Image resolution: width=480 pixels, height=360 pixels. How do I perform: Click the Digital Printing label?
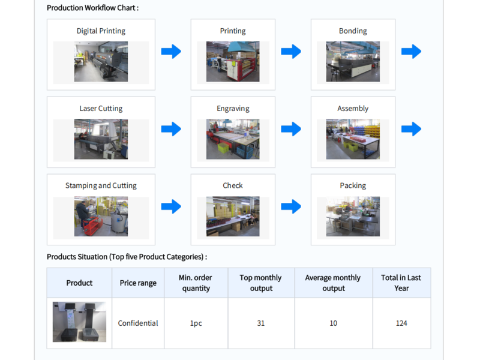pos(101,31)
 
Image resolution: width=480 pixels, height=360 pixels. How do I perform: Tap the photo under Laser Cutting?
pos(101,139)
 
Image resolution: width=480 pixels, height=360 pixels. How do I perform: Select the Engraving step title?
pos(233,109)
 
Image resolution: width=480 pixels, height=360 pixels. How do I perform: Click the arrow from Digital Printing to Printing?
pos(171,52)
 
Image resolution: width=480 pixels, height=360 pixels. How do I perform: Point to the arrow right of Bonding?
pos(411,52)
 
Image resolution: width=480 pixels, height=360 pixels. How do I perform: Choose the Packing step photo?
pos(353,217)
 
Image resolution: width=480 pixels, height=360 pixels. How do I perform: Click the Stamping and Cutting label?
pos(101,185)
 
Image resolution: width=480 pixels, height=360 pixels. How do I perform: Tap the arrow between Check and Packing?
pos(291,206)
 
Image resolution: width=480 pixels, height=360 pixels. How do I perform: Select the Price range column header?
pos(138,283)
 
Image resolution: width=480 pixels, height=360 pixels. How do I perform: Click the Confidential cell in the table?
pos(138,323)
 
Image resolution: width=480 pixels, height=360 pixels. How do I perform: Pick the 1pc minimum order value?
pos(196,323)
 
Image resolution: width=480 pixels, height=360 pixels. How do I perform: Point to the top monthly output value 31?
pos(261,323)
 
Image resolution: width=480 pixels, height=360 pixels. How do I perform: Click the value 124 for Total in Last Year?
pos(401,323)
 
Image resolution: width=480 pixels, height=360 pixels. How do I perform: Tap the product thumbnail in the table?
pos(79,322)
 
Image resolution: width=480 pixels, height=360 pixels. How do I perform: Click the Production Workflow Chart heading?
pos(92,8)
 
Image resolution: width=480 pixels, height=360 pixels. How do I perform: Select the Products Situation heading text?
pos(127,257)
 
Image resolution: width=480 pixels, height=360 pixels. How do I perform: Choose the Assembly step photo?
pos(353,139)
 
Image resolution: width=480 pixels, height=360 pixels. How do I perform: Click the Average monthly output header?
pos(333,283)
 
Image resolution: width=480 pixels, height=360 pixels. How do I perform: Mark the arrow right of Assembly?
pos(411,129)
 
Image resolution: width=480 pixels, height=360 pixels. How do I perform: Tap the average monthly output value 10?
pos(333,323)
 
